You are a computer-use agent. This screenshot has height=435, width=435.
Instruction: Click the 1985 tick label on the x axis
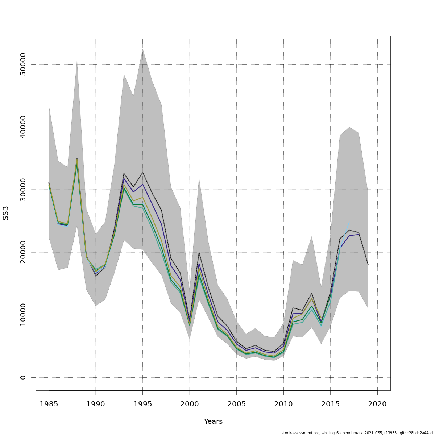[49, 404]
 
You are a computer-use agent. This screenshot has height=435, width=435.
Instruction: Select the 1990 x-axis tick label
[96, 404]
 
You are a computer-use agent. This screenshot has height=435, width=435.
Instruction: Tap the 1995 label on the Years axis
[142, 404]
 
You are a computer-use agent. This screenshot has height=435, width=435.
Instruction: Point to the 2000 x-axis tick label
[190, 404]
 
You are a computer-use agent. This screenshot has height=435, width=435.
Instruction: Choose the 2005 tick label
[236, 404]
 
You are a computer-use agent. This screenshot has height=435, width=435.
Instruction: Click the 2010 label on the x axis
[283, 404]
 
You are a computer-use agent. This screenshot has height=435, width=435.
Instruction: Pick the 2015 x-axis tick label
[330, 404]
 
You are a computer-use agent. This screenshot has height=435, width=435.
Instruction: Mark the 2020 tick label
[377, 404]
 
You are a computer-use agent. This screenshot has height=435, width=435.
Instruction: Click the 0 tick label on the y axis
[23, 377]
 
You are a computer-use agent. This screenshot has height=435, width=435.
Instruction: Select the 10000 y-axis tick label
[23, 315]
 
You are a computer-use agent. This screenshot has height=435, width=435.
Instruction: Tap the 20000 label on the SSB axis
[23, 252]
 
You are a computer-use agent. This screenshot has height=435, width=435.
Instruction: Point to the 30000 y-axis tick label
[23, 190]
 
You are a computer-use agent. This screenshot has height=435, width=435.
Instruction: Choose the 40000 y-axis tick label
[23, 127]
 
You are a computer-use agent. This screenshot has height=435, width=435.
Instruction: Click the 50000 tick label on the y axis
[23, 64]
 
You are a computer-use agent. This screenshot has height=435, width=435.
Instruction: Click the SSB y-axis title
[6, 213]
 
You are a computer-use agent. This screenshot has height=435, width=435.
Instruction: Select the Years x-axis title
[213, 422]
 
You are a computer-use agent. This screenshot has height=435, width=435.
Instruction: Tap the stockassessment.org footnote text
[357, 433]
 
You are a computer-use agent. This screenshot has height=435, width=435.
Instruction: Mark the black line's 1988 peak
[77, 158]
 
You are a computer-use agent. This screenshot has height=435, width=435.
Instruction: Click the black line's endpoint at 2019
[368, 265]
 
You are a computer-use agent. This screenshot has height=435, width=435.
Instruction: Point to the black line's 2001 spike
[199, 252]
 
